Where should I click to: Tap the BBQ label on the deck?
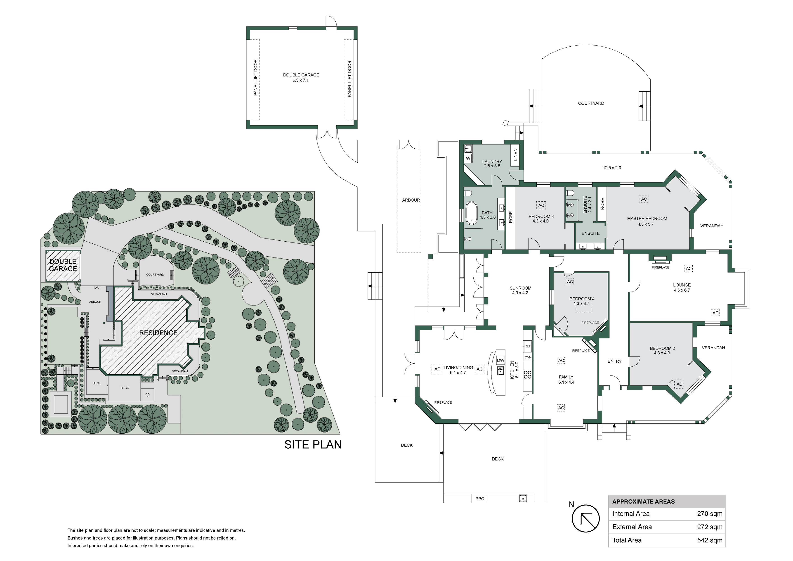tap(480, 499)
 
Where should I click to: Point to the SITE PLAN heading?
tap(313, 445)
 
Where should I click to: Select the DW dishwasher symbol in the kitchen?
tap(500, 360)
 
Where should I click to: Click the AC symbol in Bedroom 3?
tap(541, 205)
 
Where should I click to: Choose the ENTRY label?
tap(614, 361)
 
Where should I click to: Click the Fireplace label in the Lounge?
tap(660, 267)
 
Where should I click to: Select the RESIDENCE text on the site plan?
tap(158, 333)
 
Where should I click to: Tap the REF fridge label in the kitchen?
tap(528, 346)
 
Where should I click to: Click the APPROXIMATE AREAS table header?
tap(643, 502)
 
